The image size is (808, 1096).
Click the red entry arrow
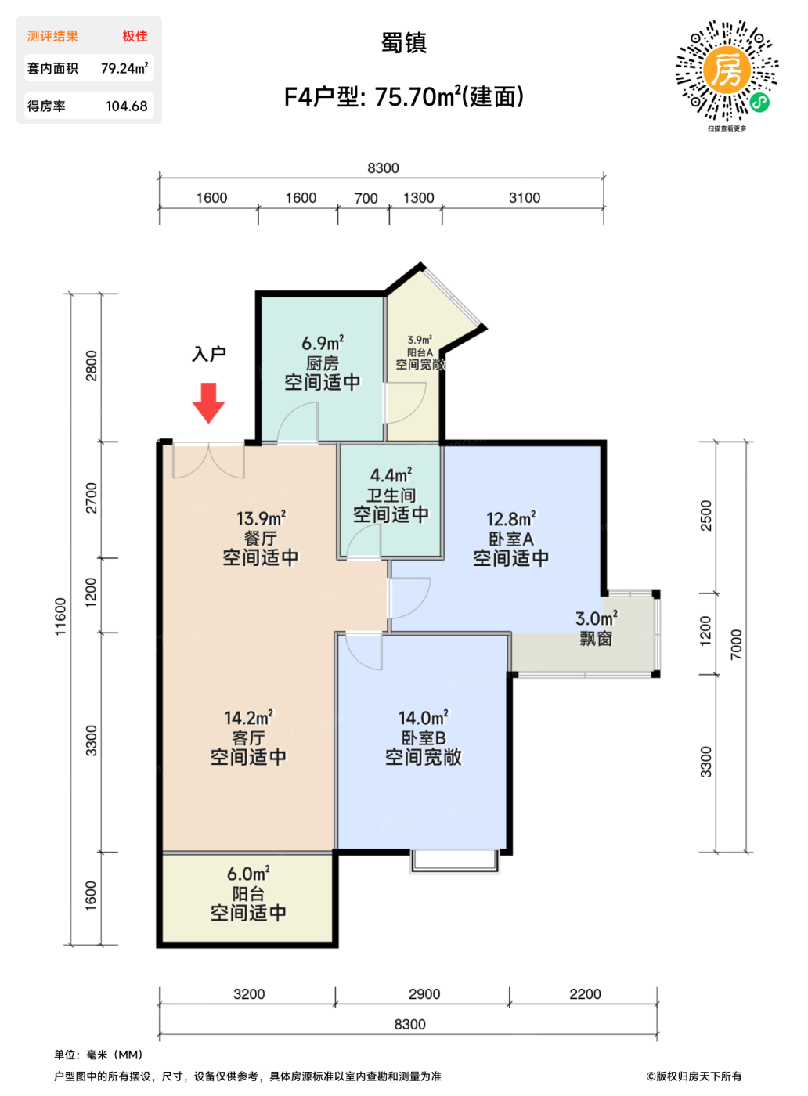(x=208, y=402)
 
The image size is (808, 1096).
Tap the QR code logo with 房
(x=727, y=70)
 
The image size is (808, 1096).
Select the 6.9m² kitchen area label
(x=323, y=344)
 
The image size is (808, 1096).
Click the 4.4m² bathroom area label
(x=391, y=475)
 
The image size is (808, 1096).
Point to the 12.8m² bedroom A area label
(x=511, y=518)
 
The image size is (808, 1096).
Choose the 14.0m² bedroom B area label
(x=424, y=718)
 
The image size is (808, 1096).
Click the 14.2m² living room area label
(x=249, y=718)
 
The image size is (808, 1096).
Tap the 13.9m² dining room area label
(x=262, y=518)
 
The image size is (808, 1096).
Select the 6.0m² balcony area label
(x=249, y=874)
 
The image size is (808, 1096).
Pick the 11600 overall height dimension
(x=60, y=617)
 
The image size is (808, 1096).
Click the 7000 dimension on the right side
(x=736, y=644)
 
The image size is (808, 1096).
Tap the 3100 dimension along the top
(x=525, y=198)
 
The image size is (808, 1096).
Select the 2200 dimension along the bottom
(x=585, y=990)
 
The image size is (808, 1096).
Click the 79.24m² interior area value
(x=124, y=68)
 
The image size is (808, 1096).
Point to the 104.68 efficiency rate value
(x=127, y=106)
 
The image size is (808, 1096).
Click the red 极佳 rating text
(x=135, y=36)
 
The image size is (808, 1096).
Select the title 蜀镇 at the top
(x=404, y=43)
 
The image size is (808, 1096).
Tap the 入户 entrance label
(x=209, y=354)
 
